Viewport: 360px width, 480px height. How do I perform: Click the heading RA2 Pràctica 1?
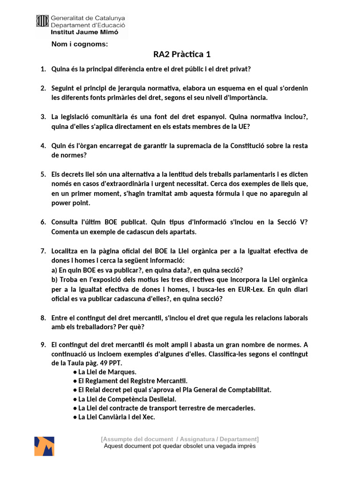click(182, 55)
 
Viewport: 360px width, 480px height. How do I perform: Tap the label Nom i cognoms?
click(80, 45)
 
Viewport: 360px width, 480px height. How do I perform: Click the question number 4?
click(43, 146)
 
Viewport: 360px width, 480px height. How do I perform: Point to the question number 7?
click(43, 251)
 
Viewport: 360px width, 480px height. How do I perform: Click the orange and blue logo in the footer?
click(44, 446)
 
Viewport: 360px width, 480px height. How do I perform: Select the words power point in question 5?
click(70, 203)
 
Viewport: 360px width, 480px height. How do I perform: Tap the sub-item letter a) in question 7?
click(54, 270)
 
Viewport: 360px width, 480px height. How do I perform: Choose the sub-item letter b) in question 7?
click(55, 280)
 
